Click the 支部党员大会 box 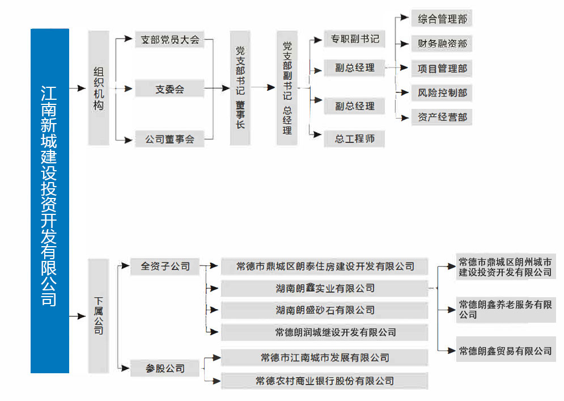tap(169, 40)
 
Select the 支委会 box tap(169, 89)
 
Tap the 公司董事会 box tap(169, 139)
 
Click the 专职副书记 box tap(354, 39)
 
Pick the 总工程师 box tap(354, 138)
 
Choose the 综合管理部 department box tap(442, 19)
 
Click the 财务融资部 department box tap(442, 44)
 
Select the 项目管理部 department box tap(442, 69)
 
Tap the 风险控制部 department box tap(442, 92)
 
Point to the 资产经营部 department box tap(442, 117)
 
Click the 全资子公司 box tap(165, 265)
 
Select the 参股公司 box tap(165, 368)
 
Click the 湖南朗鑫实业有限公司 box tap(324, 288)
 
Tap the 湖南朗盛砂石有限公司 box tap(324, 310)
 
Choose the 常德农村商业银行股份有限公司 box tap(324, 381)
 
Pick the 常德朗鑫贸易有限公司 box tap(506, 351)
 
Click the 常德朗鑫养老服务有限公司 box tap(506, 309)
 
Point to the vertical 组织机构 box tap(99, 88)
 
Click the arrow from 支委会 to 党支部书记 tap(217, 88)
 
